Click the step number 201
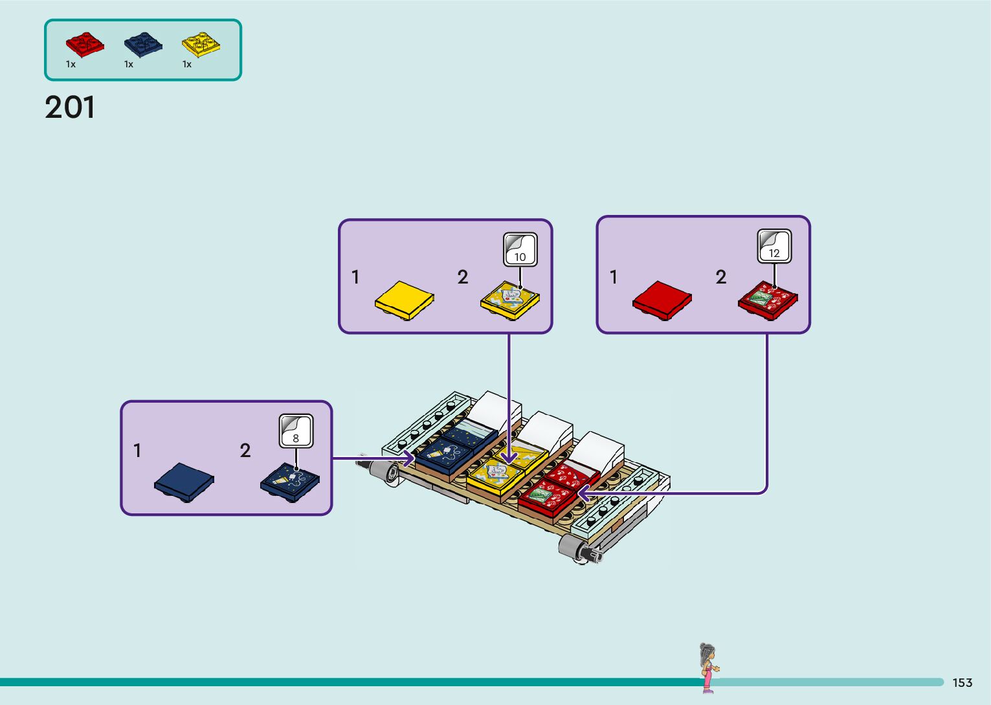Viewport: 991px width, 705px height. pyautogui.click(x=69, y=107)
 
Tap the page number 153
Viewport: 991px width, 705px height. pyautogui.click(x=963, y=682)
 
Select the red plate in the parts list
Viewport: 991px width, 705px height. pyautogui.click(x=85, y=44)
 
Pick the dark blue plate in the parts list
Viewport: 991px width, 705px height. pyautogui.click(x=143, y=45)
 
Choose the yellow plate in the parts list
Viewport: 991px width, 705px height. pyautogui.click(x=201, y=44)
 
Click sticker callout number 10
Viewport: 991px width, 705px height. pyautogui.click(x=520, y=250)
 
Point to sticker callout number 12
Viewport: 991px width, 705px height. pyautogui.click(x=774, y=246)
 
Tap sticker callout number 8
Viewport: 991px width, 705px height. pyautogui.click(x=296, y=431)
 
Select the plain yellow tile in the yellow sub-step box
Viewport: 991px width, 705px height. pyautogui.click(x=405, y=300)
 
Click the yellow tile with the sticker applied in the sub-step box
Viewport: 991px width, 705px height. pyautogui.click(x=510, y=300)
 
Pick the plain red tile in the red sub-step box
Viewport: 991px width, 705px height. pyautogui.click(x=662, y=300)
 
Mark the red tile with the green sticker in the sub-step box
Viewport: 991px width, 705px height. pyautogui.click(x=768, y=300)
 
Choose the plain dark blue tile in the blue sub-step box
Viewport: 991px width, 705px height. pyautogui.click(x=184, y=482)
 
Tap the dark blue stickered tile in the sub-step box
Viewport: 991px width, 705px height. pyautogui.click(x=290, y=482)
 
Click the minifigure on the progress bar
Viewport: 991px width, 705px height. pyautogui.click(x=709, y=668)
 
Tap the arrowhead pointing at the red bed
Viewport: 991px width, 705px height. pyautogui.click(x=584, y=492)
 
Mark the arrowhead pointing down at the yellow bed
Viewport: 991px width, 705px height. pyautogui.click(x=509, y=457)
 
